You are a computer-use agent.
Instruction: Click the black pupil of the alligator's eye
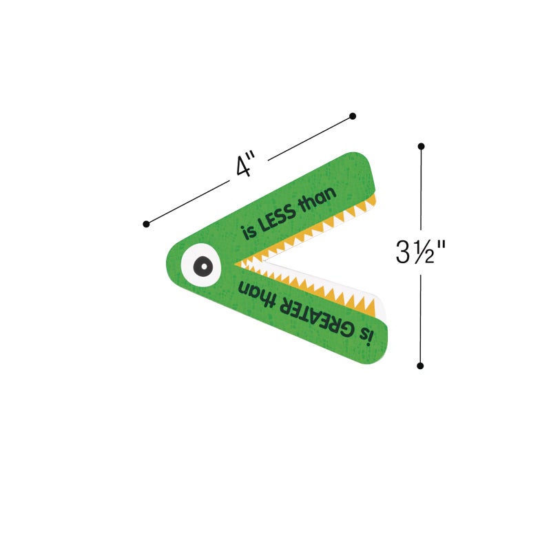click(x=203, y=266)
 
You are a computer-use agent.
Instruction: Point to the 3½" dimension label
click(x=420, y=251)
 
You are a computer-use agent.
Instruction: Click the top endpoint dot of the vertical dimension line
click(x=422, y=146)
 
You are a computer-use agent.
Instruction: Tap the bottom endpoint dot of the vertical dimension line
click(x=420, y=366)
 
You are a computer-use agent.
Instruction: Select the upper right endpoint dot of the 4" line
click(x=353, y=116)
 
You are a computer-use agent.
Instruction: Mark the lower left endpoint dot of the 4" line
click(x=146, y=225)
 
